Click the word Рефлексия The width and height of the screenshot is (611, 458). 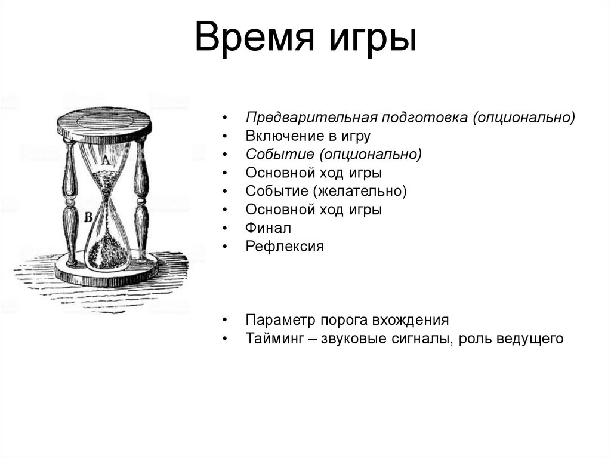click(x=285, y=247)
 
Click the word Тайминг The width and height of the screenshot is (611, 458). click(x=274, y=339)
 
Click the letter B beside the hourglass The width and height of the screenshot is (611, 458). click(x=88, y=218)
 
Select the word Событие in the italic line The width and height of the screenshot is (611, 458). click(x=279, y=155)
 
